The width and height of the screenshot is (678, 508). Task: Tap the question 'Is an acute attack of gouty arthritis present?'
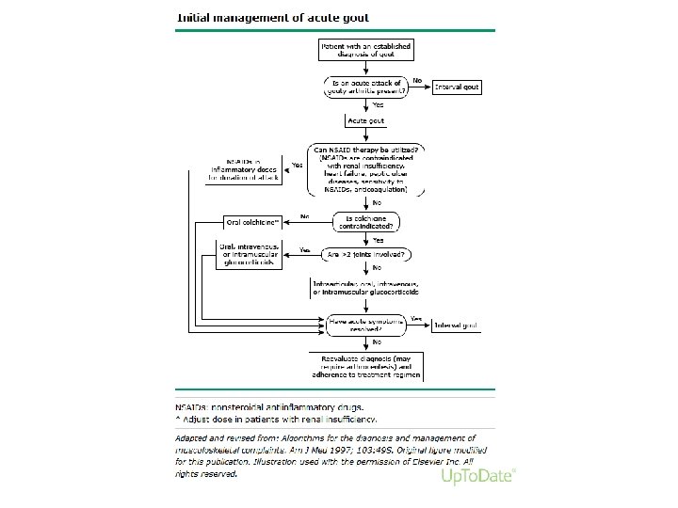(366, 87)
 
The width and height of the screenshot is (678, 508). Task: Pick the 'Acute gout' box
(366, 121)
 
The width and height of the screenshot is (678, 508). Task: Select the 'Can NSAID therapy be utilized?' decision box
(366, 169)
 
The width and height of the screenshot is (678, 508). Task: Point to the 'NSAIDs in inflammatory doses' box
(250, 167)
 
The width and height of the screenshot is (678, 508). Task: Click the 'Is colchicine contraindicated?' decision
(366, 221)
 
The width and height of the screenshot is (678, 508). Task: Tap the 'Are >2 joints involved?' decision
(366, 254)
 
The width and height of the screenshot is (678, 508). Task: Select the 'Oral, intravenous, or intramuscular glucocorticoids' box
(249, 254)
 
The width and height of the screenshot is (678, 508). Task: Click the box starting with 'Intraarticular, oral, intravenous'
(366, 288)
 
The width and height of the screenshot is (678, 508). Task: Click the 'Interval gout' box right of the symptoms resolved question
(456, 325)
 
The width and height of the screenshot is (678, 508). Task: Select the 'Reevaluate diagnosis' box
(366, 365)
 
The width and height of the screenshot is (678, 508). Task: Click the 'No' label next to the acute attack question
(417, 81)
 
